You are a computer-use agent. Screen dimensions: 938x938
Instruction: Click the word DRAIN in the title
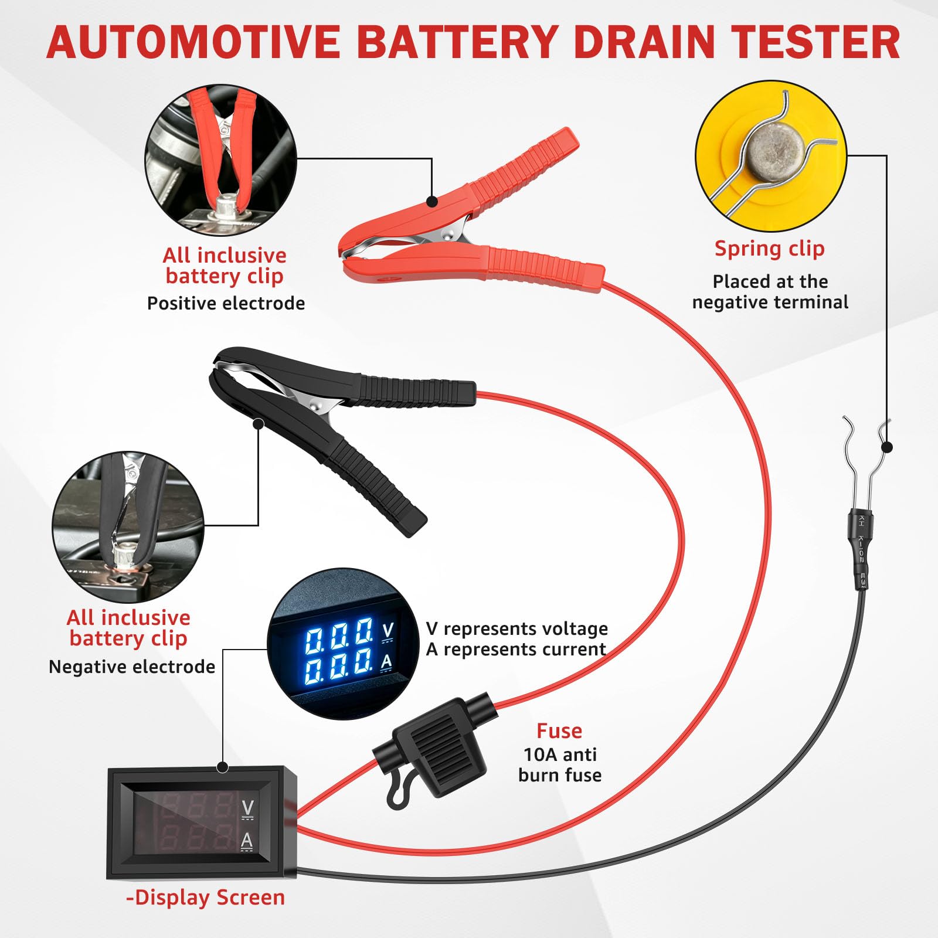coord(643,42)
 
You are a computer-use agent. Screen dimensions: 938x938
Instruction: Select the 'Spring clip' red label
coord(769,249)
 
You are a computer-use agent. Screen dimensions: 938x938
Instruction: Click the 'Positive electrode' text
coord(226,303)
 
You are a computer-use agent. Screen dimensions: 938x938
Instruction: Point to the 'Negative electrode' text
coord(132,667)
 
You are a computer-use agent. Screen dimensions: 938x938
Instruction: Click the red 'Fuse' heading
coord(559,730)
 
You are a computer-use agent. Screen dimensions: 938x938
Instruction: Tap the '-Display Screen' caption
coord(205,898)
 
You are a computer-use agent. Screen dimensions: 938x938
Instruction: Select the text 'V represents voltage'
coord(517,628)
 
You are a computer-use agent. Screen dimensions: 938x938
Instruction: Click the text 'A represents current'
coord(516,650)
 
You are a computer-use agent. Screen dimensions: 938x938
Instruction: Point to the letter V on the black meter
coord(247,808)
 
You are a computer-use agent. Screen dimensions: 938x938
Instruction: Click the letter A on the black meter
coord(247,841)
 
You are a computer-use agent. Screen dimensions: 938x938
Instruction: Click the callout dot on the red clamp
coord(432,202)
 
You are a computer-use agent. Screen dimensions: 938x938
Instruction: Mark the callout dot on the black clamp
coord(258,423)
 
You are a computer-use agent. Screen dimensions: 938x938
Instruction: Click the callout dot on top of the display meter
coord(222,767)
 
